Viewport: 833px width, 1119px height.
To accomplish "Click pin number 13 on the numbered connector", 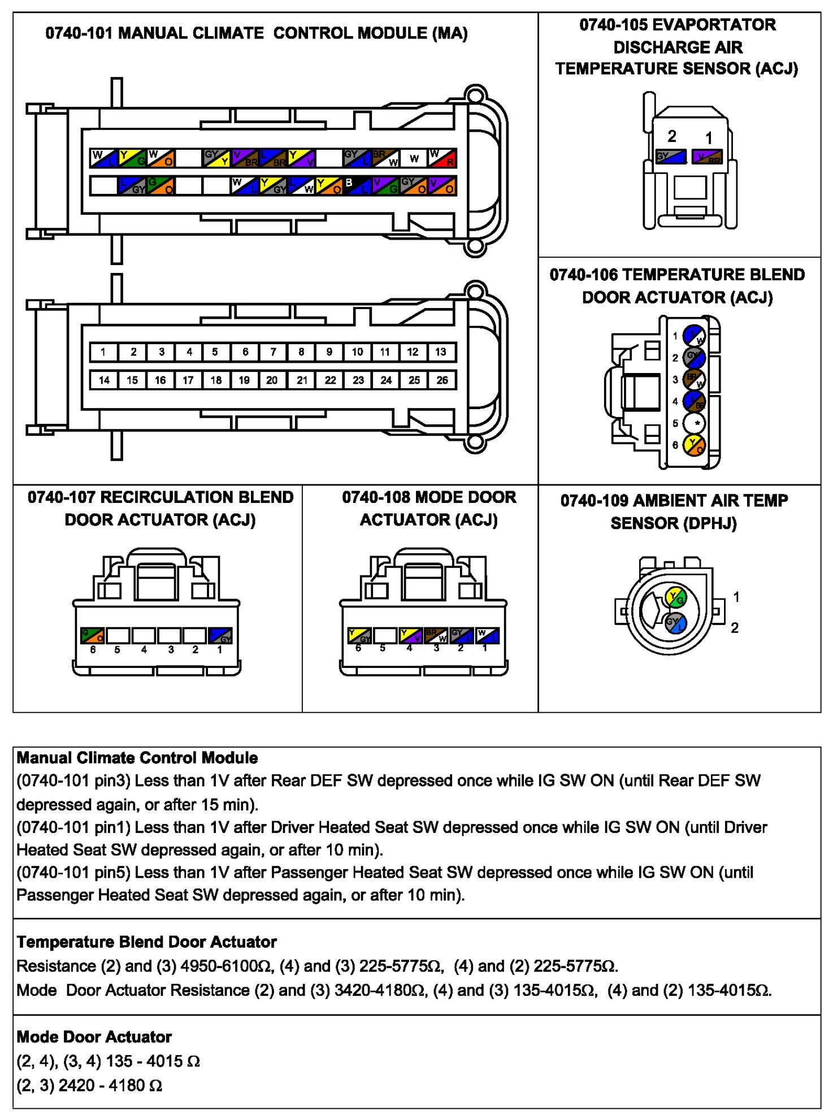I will point(441,352).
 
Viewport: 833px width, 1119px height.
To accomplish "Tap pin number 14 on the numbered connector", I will point(104,380).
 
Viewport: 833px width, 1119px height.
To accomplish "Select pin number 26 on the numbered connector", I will point(442,380).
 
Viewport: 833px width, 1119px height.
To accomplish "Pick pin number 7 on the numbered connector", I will point(274,352).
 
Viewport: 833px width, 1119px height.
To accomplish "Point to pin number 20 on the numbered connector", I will point(272,380).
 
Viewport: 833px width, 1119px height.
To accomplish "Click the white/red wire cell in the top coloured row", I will point(442,158).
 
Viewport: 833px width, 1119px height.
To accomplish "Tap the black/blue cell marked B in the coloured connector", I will point(357,185).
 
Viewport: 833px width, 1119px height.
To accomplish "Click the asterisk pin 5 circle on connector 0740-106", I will point(695,423).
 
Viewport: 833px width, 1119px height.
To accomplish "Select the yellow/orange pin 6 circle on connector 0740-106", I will point(695,445).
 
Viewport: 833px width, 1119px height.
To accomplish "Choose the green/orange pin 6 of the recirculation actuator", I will point(93,635).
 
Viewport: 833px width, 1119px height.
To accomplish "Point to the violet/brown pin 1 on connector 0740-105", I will point(708,157).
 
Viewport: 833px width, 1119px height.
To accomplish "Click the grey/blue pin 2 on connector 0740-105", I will point(671,157).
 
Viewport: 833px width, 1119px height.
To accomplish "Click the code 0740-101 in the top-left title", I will point(79,33).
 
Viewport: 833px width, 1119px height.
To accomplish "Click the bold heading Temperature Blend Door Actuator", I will point(146,942).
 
